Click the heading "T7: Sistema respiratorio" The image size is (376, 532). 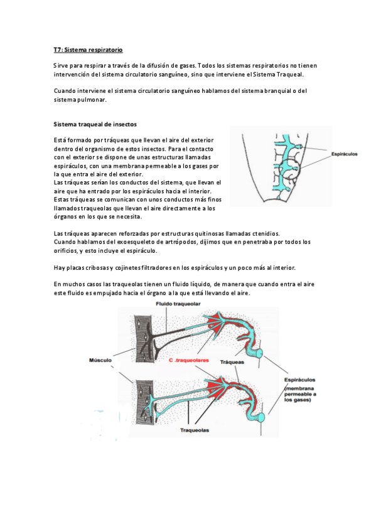pyautogui.click(x=88, y=50)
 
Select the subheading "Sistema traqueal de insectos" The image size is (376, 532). pyautogui.click(x=95, y=124)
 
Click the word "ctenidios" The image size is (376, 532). pyautogui.click(x=266, y=233)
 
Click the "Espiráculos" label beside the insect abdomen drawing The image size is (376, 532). pyautogui.click(x=344, y=154)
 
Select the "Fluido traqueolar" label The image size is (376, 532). pyautogui.click(x=178, y=304)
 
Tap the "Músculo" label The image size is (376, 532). pyautogui.click(x=100, y=360)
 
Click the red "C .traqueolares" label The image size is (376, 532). pyautogui.click(x=189, y=360)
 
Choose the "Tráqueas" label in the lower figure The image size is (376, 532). pyautogui.click(x=232, y=363)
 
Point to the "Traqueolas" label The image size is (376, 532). pyautogui.click(x=195, y=430)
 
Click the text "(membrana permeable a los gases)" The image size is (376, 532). pyautogui.click(x=300, y=394)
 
